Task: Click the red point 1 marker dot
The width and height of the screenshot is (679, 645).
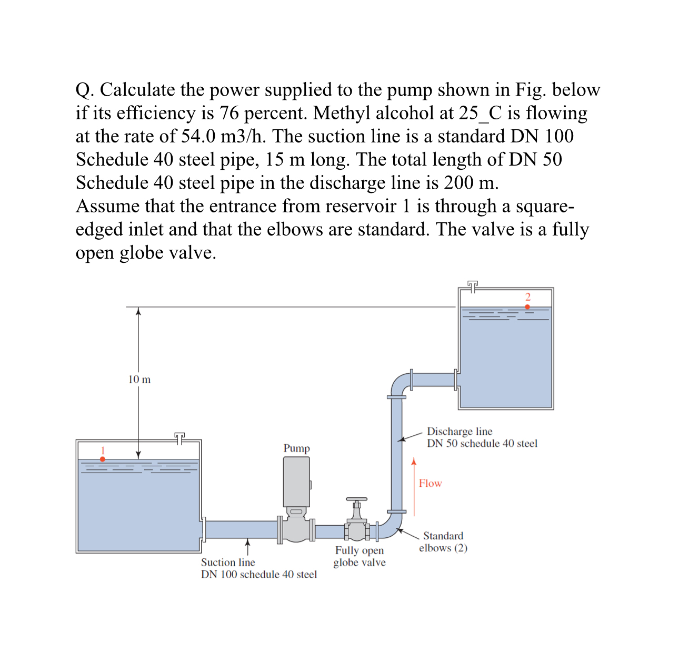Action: coord(103,459)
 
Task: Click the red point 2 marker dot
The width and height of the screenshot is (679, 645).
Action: coord(527,306)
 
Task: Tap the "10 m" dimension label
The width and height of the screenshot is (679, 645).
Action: coord(139,380)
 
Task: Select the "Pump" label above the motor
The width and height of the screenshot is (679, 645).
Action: coord(297,448)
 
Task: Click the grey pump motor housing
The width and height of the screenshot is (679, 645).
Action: coord(296,481)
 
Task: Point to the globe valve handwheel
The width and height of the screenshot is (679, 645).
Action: coord(356,499)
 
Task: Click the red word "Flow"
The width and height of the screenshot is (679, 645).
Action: coord(430,484)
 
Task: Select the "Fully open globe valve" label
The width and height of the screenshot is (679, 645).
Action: coord(360,557)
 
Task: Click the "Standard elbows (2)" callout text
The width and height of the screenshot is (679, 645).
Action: coord(443,542)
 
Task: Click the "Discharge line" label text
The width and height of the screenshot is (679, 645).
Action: coord(460,432)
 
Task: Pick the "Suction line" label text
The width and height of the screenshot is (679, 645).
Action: coord(228,562)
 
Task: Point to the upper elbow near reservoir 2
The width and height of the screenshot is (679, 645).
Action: coord(400,383)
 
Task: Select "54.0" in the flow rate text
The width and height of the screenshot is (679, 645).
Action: coord(198,136)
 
